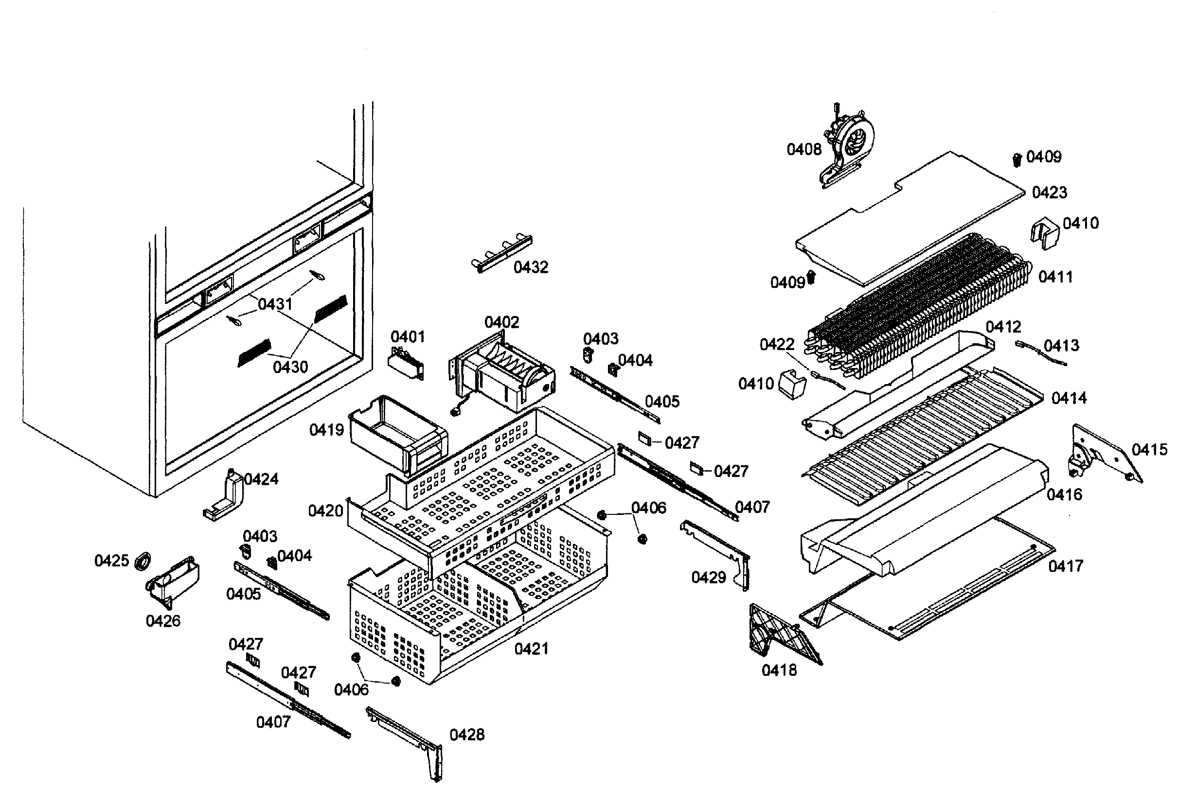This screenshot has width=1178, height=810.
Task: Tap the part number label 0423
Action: (1050, 193)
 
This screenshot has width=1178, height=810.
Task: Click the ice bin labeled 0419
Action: (399, 434)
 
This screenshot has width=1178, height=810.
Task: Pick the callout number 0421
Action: (532, 649)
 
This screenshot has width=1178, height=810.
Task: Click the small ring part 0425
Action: (143, 562)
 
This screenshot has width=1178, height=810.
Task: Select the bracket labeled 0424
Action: (226, 497)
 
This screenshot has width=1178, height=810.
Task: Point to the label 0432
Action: (531, 267)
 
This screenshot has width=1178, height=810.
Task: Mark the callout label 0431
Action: (275, 304)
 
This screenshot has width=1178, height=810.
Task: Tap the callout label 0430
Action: (290, 367)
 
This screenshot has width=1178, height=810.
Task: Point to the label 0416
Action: (1064, 494)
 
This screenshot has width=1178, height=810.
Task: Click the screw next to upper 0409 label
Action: (1017, 160)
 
